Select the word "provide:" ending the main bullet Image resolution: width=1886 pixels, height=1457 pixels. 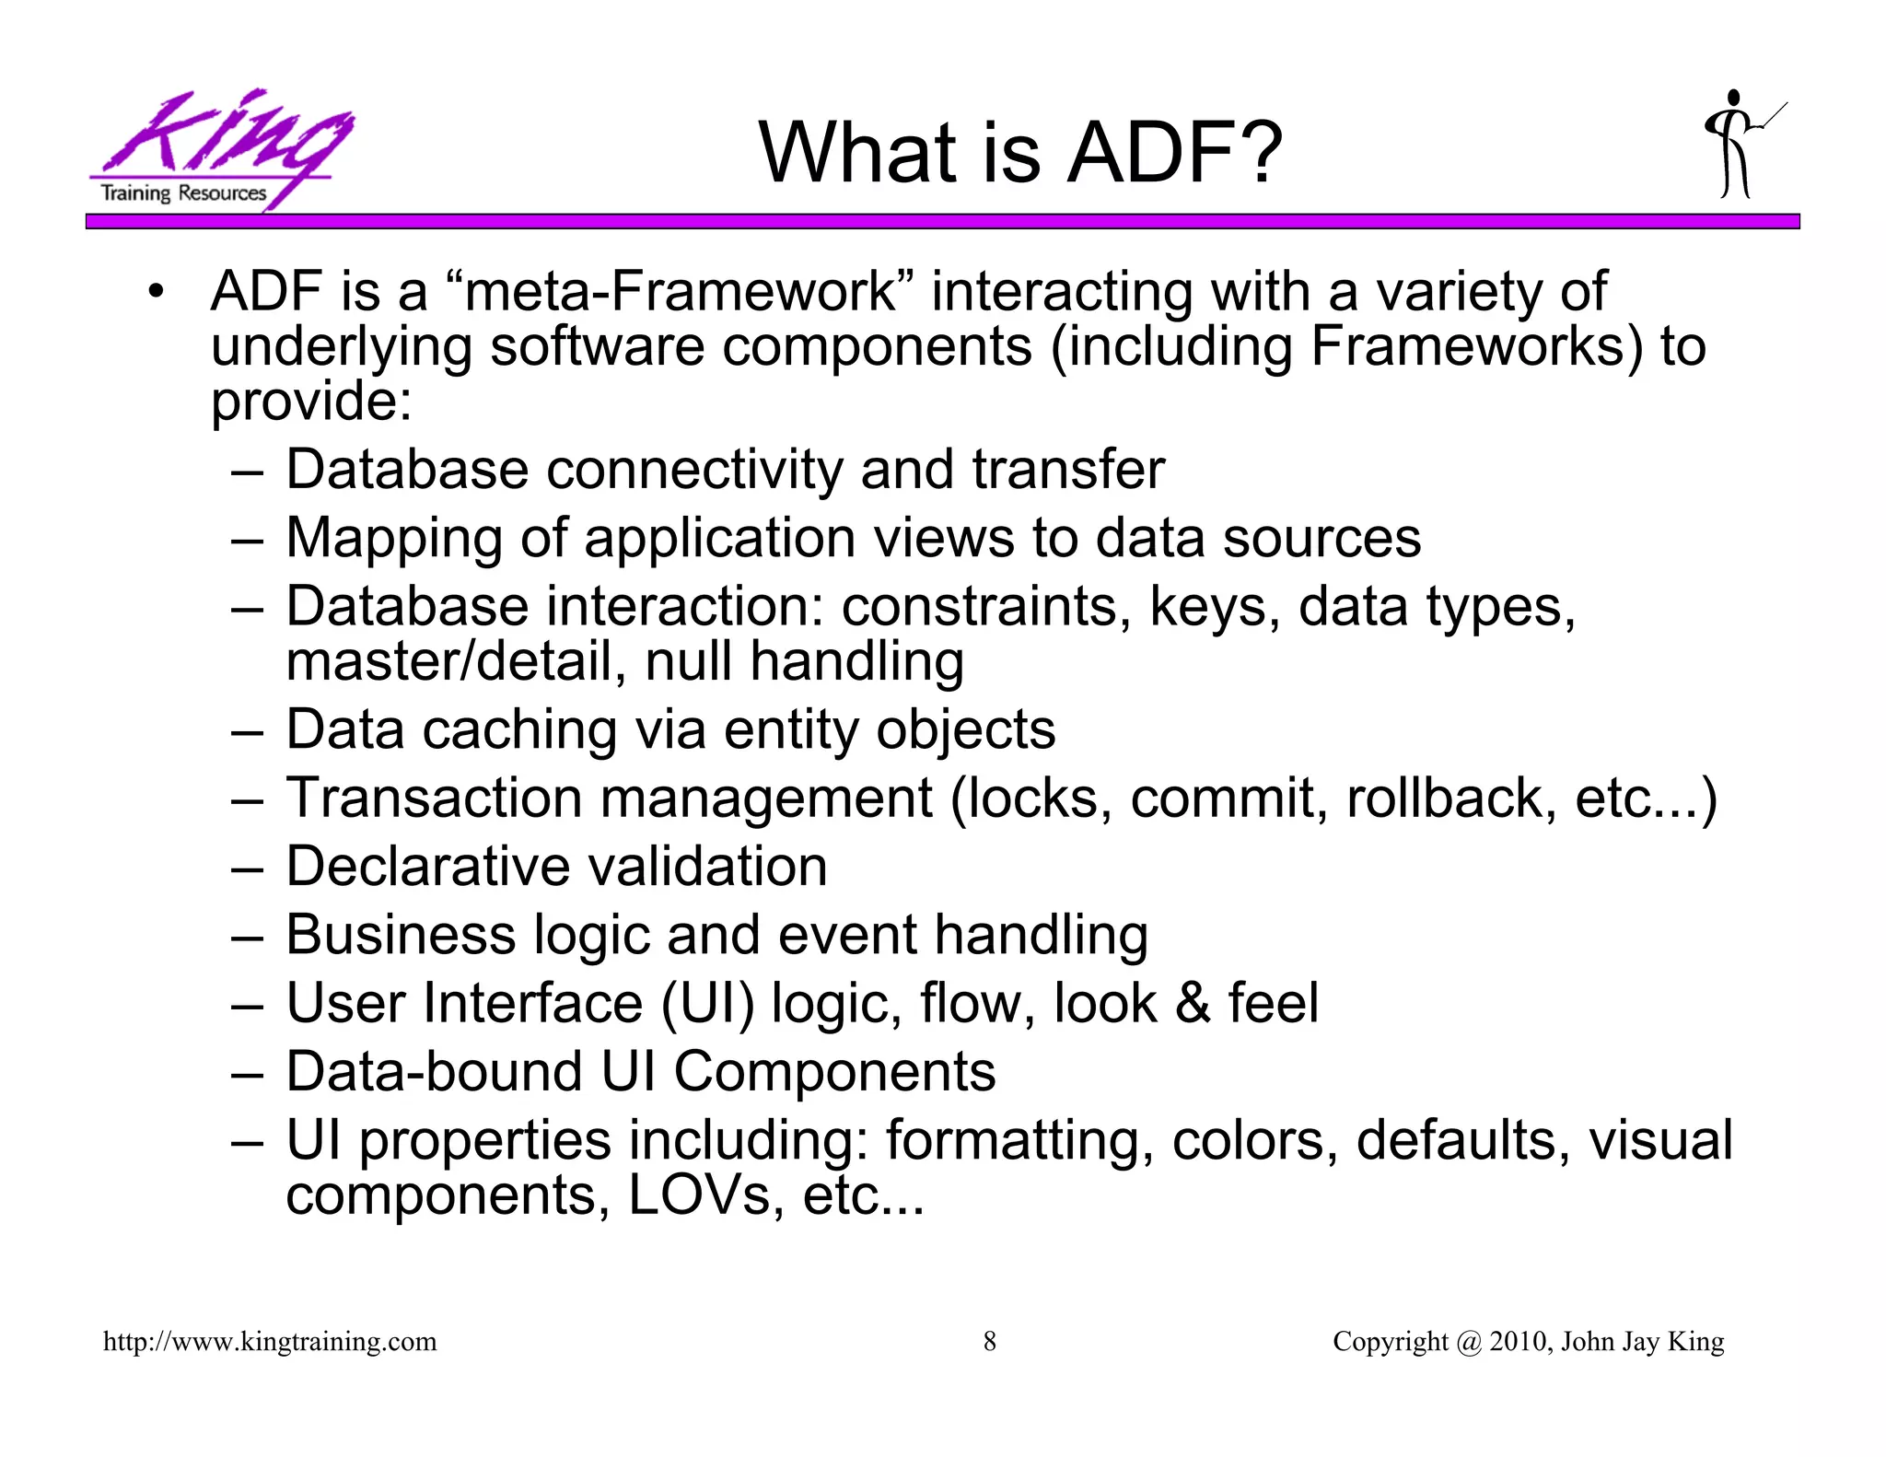click(x=311, y=402)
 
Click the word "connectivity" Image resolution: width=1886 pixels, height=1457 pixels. click(x=694, y=470)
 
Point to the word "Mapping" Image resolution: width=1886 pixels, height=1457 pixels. click(x=394, y=539)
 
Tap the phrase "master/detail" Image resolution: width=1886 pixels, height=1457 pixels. click(x=449, y=662)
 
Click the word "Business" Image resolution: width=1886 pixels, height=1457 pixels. click(x=401, y=935)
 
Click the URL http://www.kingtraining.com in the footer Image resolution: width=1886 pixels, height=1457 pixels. click(x=270, y=1342)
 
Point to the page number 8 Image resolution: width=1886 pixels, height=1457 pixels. click(x=990, y=1342)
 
